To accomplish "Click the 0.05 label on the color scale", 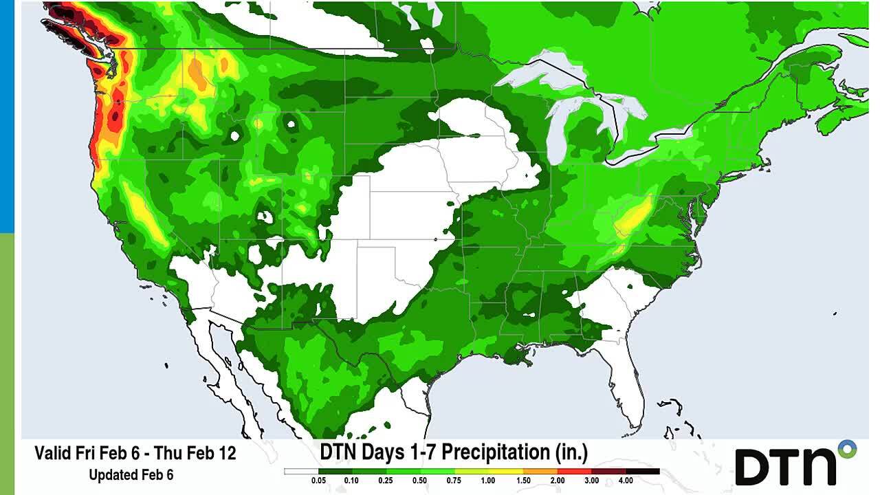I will point(318,481).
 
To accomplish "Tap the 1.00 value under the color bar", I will point(488,481).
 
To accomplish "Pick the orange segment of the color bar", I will point(540,472).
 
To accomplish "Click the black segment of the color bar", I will point(643,472).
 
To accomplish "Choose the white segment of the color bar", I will point(301,472).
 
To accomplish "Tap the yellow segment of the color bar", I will point(488,472).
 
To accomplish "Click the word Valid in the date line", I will point(54,454).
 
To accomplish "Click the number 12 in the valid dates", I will point(226,454).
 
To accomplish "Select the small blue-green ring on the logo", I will point(848,450).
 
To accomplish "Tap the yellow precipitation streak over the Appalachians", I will point(632,217).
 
